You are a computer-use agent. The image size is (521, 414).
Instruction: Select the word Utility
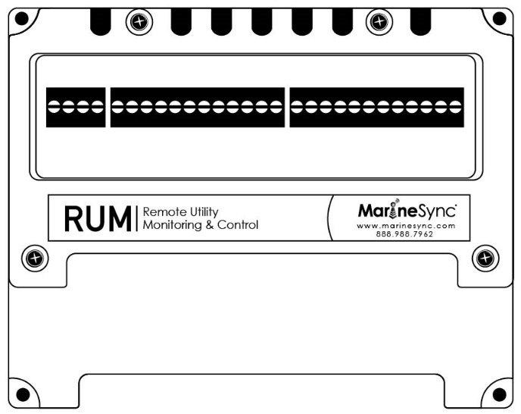pos(201,212)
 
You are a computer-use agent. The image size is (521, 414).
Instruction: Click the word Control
pos(237,225)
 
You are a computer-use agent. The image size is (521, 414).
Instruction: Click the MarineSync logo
pos(405,209)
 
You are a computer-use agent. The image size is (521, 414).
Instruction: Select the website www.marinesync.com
pos(405,225)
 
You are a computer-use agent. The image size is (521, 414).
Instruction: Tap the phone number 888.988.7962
pos(405,234)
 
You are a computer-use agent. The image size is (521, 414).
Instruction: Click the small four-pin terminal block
pos(75,107)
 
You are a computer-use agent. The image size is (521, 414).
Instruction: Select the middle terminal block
pos(198,107)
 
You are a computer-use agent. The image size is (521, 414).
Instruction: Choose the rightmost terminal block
pos(376,107)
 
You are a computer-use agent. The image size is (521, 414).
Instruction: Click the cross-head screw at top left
pos(137,22)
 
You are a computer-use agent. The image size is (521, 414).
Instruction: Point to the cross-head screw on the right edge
pos(485,259)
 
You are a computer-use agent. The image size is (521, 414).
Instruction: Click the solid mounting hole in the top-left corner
pos(21,17)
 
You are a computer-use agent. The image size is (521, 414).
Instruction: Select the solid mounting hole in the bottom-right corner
pos(499,394)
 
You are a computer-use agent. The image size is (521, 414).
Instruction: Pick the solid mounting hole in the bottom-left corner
pos(23,394)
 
